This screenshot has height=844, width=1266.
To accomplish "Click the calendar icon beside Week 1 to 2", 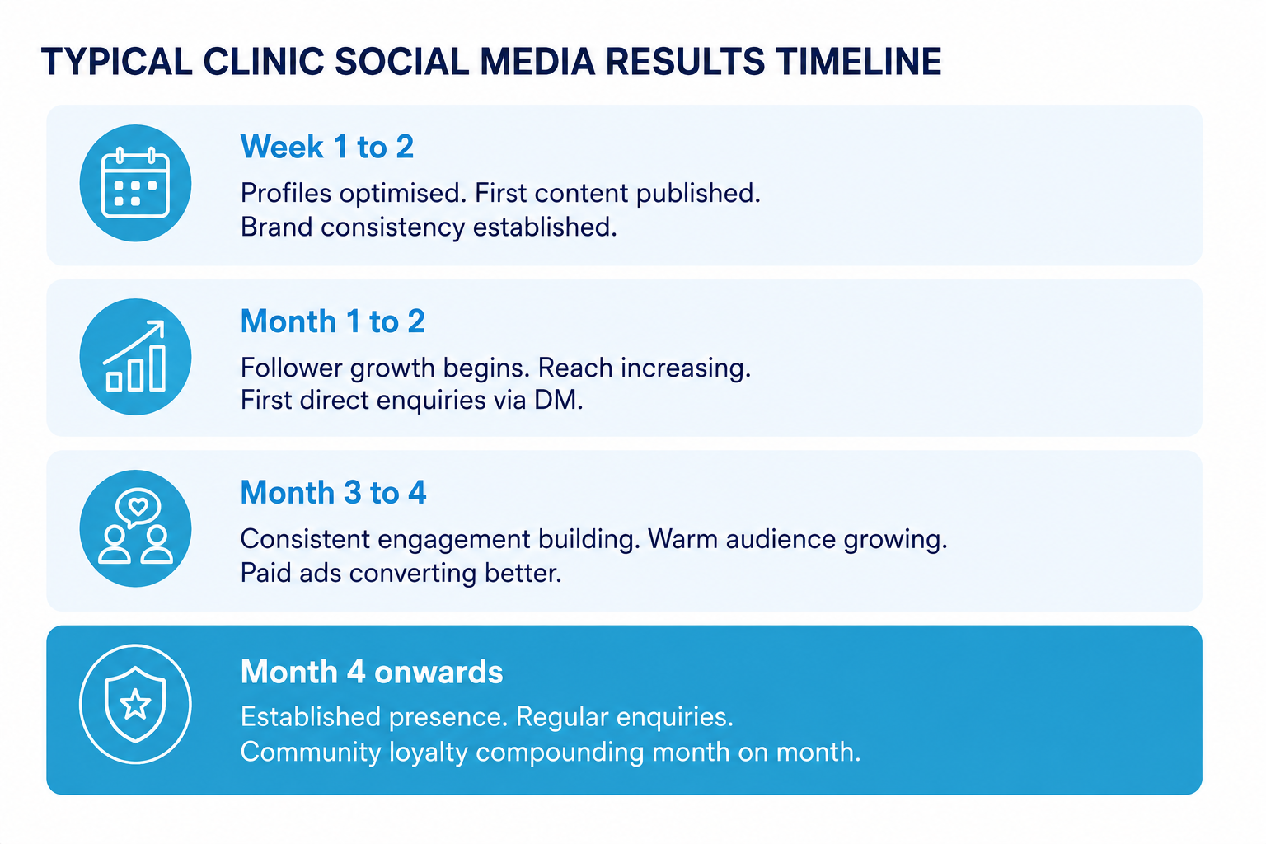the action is click(135, 183).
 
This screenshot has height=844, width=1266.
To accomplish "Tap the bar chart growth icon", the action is click(135, 357).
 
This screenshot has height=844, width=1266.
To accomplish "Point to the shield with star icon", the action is click(135, 704).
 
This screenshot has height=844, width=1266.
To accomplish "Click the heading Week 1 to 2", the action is click(326, 147).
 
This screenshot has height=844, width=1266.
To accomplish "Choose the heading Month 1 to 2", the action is click(332, 321).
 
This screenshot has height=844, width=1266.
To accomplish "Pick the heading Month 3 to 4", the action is click(333, 492).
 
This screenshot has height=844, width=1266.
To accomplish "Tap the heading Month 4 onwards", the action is click(372, 672).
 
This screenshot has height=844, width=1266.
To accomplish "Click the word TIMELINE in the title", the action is click(858, 61).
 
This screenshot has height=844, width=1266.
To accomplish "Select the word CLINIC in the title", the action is click(264, 61).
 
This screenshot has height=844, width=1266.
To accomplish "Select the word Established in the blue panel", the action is click(311, 717).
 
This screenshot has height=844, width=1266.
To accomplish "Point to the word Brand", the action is click(276, 227).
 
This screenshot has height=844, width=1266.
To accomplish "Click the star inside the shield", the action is click(136, 705).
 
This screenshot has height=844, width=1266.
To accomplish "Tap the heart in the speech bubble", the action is click(138, 505).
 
